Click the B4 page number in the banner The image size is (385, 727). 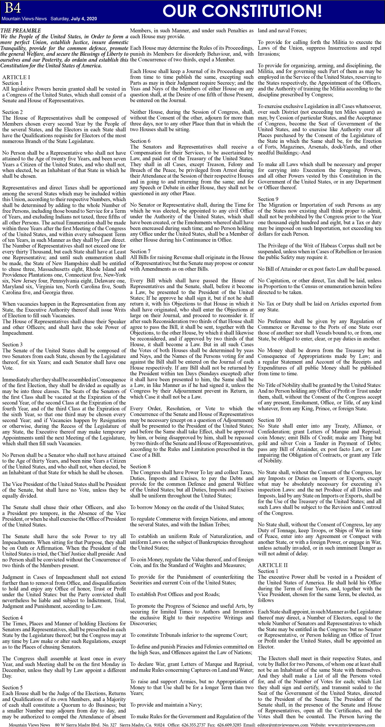click(x=13, y=8)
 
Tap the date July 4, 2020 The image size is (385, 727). click(x=84, y=19)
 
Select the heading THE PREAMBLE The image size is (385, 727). click(x=21, y=30)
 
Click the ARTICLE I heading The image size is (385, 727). click(x=16, y=77)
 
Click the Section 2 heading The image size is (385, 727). click(x=12, y=112)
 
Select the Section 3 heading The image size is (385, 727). click(x=12, y=345)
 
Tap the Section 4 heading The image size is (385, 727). click(x=12, y=618)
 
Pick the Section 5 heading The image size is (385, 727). click(x=12, y=688)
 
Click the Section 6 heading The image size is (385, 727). click(x=140, y=141)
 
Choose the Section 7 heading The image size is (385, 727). click(x=140, y=251)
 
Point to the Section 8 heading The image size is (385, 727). click(x=140, y=467)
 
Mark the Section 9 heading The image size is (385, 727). click(x=268, y=199)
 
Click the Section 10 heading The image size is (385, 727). click(x=269, y=420)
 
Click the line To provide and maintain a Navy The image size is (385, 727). click(x=166, y=705)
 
